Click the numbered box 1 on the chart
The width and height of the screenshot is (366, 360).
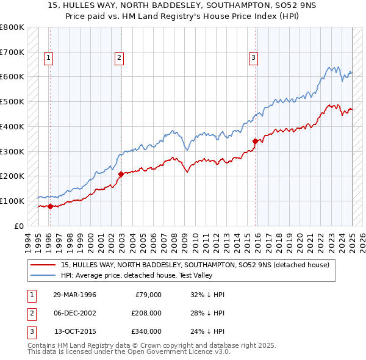pos(49,58)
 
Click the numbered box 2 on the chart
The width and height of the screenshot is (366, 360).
pos(119,58)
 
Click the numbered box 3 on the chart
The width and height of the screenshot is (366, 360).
pos(253,58)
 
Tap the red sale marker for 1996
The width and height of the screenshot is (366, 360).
pos(50,206)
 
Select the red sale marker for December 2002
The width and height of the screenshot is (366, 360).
pos(121,174)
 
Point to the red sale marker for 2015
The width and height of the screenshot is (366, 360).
pos(255,141)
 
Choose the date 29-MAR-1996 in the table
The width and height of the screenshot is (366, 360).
pos(74,295)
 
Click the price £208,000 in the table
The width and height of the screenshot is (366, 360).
pos(146,313)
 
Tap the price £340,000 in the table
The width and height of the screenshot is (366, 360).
pos(146,331)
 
